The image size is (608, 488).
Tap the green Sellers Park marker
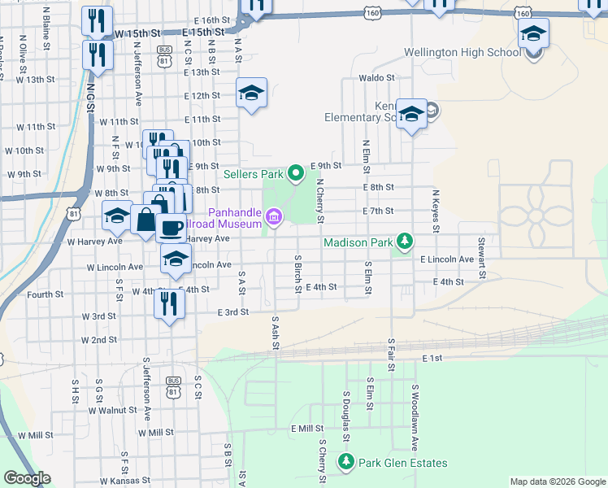(x=296, y=172)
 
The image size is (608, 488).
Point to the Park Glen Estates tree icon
(x=346, y=463)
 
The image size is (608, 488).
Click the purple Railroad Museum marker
(x=274, y=216)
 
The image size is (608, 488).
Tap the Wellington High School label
(x=462, y=53)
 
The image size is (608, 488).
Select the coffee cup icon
(x=170, y=227)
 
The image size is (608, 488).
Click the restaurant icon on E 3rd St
(x=169, y=304)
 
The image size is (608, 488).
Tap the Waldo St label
(x=376, y=78)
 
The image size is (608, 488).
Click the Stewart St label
(x=482, y=257)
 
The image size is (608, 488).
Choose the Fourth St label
(x=45, y=294)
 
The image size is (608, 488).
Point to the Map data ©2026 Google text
(x=557, y=481)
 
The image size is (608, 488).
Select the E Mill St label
(x=307, y=428)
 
